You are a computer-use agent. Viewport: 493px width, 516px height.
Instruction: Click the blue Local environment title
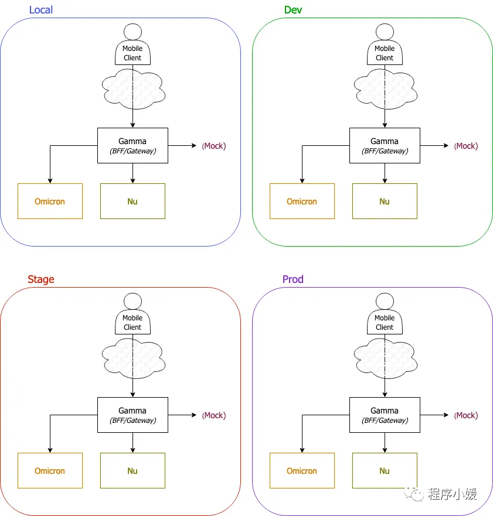click(41, 10)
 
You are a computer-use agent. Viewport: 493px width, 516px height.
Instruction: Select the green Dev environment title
click(293, 10)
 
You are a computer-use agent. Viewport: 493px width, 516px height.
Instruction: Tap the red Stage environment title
click(41, 279)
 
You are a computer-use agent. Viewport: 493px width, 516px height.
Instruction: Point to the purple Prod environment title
click(293, 279)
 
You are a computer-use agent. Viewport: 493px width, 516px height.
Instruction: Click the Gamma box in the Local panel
click(132, 145)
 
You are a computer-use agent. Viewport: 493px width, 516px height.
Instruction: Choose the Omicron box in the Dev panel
click(302, 201)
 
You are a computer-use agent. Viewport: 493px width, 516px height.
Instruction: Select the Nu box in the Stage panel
click(132, 470)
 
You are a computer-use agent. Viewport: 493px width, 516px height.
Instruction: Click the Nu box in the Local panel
click(132, 201)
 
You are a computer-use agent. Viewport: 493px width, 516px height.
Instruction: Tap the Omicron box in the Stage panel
click(50, 470)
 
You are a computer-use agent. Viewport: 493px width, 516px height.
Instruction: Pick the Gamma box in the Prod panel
click(385, 415)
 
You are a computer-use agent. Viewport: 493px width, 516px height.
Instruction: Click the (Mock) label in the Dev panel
click(465, 146)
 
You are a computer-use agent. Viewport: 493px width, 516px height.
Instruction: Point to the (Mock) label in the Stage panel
click(214, 415)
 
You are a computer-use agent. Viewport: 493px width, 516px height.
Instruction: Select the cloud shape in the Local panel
click(134, 89)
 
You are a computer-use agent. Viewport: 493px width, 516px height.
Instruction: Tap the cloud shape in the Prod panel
click(385, 358)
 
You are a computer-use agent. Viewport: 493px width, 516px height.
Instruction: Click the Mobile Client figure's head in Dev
click(385, 32)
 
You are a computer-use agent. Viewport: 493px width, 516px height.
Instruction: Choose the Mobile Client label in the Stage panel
click(132, 323)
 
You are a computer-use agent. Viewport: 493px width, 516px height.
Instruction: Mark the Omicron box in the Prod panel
click(302, 470)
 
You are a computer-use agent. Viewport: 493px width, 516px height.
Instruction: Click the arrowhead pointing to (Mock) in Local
click(194, 145)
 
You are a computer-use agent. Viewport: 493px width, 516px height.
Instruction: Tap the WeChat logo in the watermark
click(414, 494)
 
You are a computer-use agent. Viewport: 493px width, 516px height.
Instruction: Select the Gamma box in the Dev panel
click(385, 145)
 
